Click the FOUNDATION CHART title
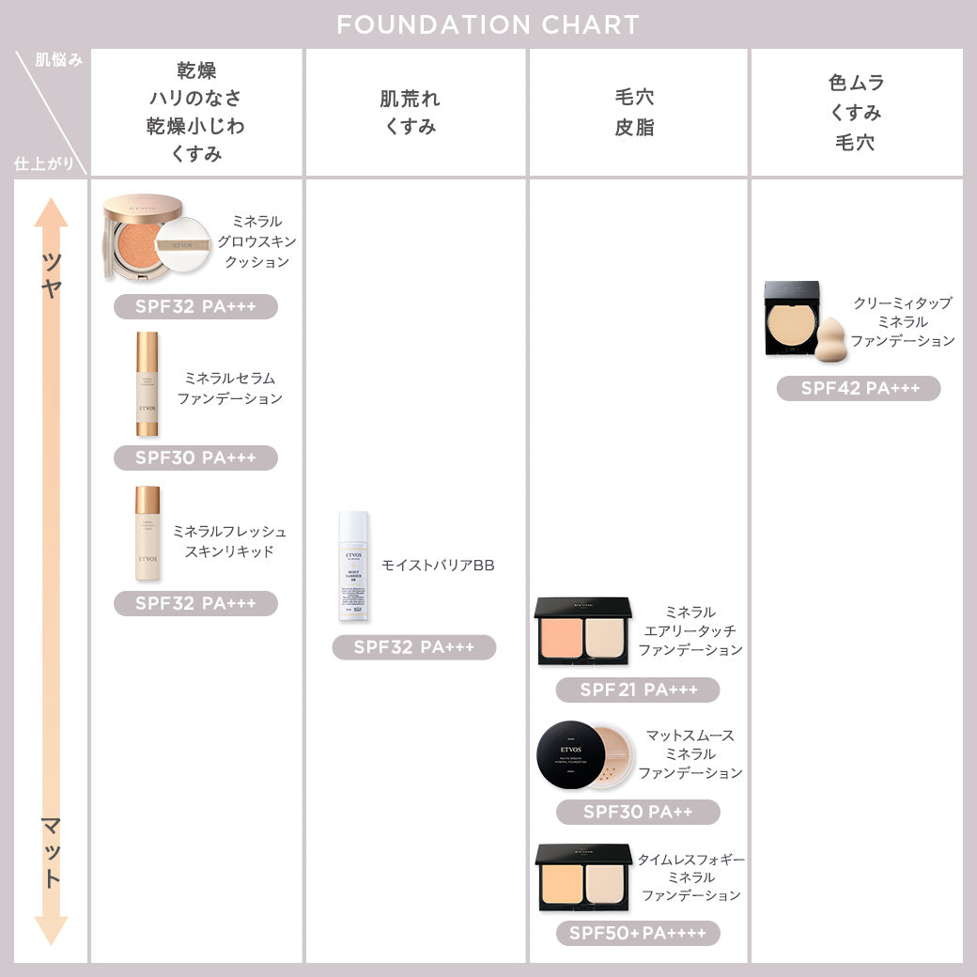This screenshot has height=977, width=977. point(488,24)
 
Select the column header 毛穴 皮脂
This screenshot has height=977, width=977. point(635,113)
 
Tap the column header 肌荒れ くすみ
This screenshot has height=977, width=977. point(410,113)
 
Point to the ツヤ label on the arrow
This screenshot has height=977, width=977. point(52,274)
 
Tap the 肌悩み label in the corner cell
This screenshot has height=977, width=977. point(59,60)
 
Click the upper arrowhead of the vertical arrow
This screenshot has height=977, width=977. point(52,212)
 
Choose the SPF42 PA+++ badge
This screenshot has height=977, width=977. point(859,388)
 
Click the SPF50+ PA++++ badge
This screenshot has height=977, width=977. point(638,933)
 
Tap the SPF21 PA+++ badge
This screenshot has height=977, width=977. point(638,690)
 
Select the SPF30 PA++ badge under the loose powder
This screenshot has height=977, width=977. point(638,812)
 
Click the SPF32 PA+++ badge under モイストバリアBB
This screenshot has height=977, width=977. point(414,647)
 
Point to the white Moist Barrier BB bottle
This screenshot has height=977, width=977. point(353,566)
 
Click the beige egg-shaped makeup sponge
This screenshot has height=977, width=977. point(830,340)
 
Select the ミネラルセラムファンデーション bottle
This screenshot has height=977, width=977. point(147,383)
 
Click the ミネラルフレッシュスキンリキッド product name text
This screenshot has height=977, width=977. point(229,541)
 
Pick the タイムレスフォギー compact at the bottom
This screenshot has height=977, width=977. point(583,877)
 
